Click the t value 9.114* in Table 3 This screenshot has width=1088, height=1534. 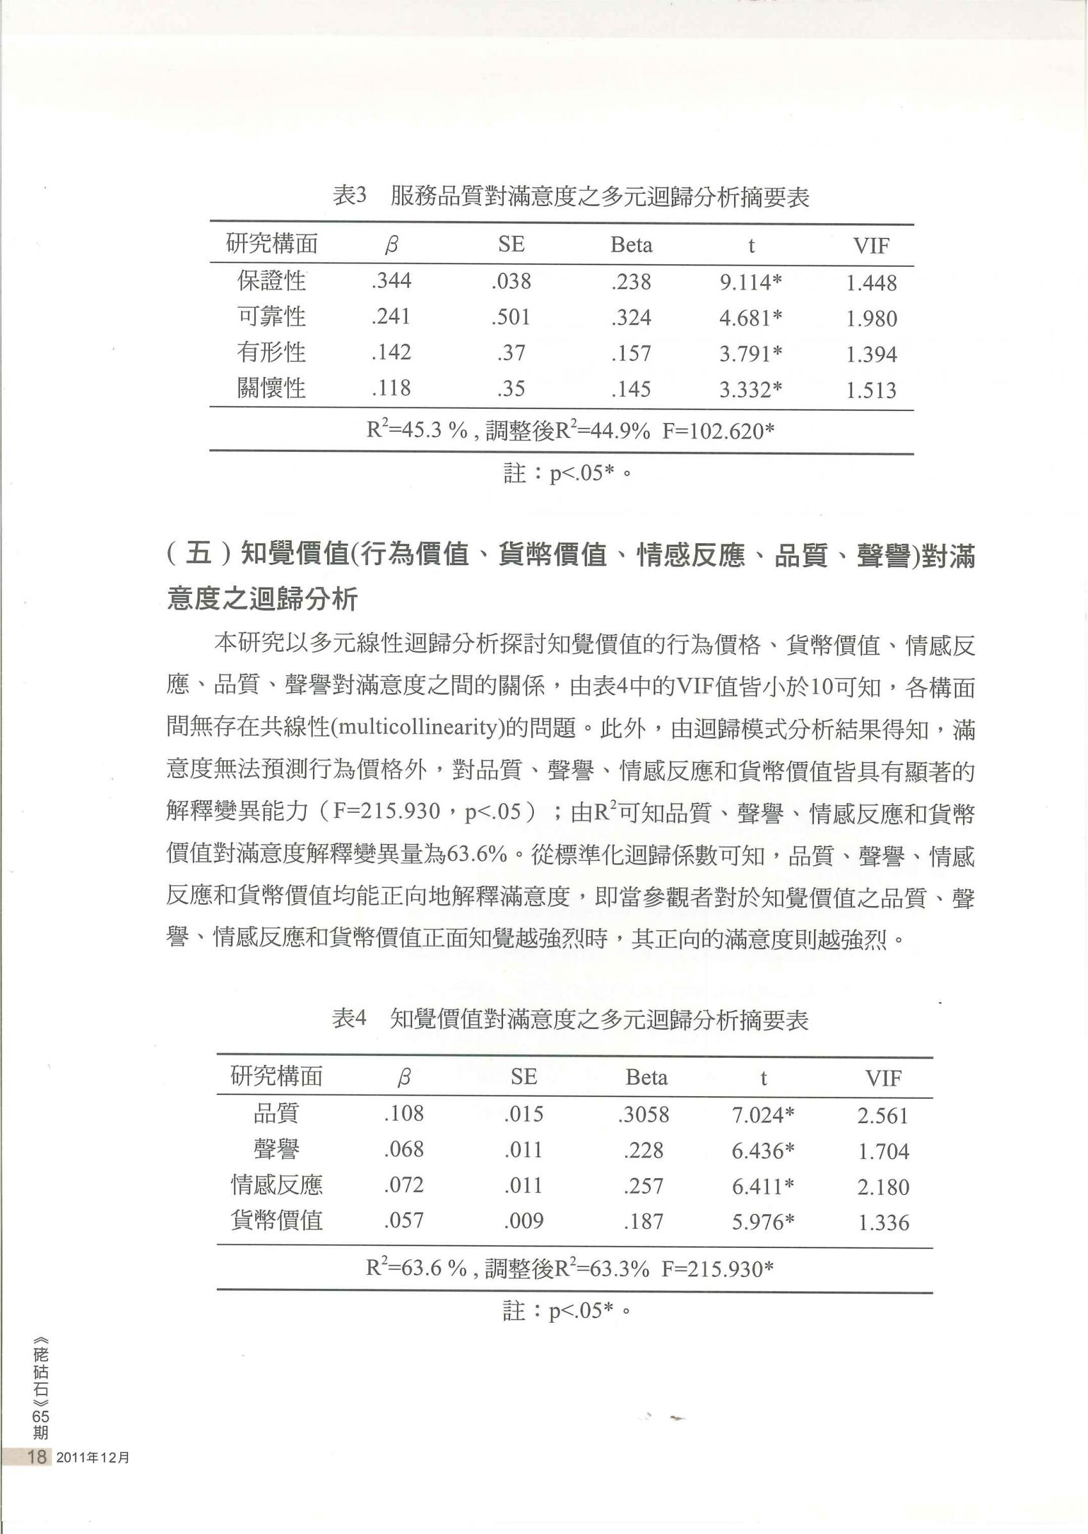point(750,283)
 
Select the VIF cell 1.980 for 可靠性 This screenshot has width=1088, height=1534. point(871,319)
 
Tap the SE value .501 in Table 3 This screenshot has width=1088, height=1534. point(511,317)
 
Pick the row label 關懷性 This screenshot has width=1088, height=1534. point(271,388)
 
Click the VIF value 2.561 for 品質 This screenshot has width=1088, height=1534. point(883,1116)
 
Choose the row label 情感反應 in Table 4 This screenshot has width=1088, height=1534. point(276,1185)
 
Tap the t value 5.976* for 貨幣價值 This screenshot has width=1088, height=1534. point(763,1222)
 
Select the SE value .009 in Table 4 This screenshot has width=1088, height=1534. point(524,1221)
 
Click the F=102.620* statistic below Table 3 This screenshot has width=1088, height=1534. point(718,431)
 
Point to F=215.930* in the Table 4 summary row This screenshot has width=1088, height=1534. point(717,1268)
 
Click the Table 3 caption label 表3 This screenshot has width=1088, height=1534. point(350,196)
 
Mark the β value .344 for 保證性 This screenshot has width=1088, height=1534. point(392,281)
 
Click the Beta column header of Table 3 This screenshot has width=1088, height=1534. point(631,245)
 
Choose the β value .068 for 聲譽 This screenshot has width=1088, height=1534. point(404,1149)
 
